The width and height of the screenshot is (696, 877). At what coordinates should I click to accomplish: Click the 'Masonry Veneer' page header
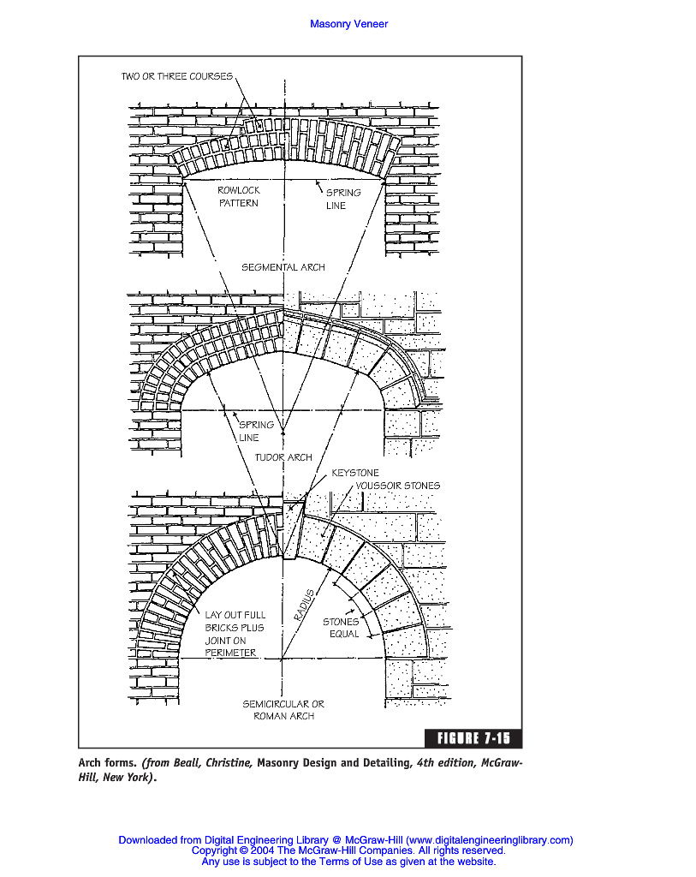pos(348,24)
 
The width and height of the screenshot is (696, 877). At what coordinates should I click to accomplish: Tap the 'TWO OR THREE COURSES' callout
pos(176,77)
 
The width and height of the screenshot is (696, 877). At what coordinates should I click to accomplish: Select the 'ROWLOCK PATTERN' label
pos(238,196)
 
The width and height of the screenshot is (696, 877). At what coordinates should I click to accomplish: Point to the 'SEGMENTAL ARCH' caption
pos(283,267)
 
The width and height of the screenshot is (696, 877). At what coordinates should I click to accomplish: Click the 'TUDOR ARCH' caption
pos(283,457)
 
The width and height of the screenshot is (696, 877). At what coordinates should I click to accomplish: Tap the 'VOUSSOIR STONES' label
pos(397,486)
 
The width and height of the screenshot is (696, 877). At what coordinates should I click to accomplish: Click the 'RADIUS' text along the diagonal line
pos(304,605)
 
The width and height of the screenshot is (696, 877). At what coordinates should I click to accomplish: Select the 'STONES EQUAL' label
pos(341,628)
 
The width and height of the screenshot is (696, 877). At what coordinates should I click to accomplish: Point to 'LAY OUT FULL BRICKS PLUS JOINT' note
pos(235,634)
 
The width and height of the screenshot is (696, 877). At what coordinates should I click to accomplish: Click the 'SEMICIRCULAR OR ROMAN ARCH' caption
pos(283,710)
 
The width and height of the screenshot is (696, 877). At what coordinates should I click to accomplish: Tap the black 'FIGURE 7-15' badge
pos(473,738)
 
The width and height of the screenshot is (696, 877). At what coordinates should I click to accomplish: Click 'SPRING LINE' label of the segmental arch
pos(342,199)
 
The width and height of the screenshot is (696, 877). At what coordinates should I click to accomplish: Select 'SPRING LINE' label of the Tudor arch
pos(255,431)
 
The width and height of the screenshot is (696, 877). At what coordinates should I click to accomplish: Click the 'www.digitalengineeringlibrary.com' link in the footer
pos(489,840)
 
